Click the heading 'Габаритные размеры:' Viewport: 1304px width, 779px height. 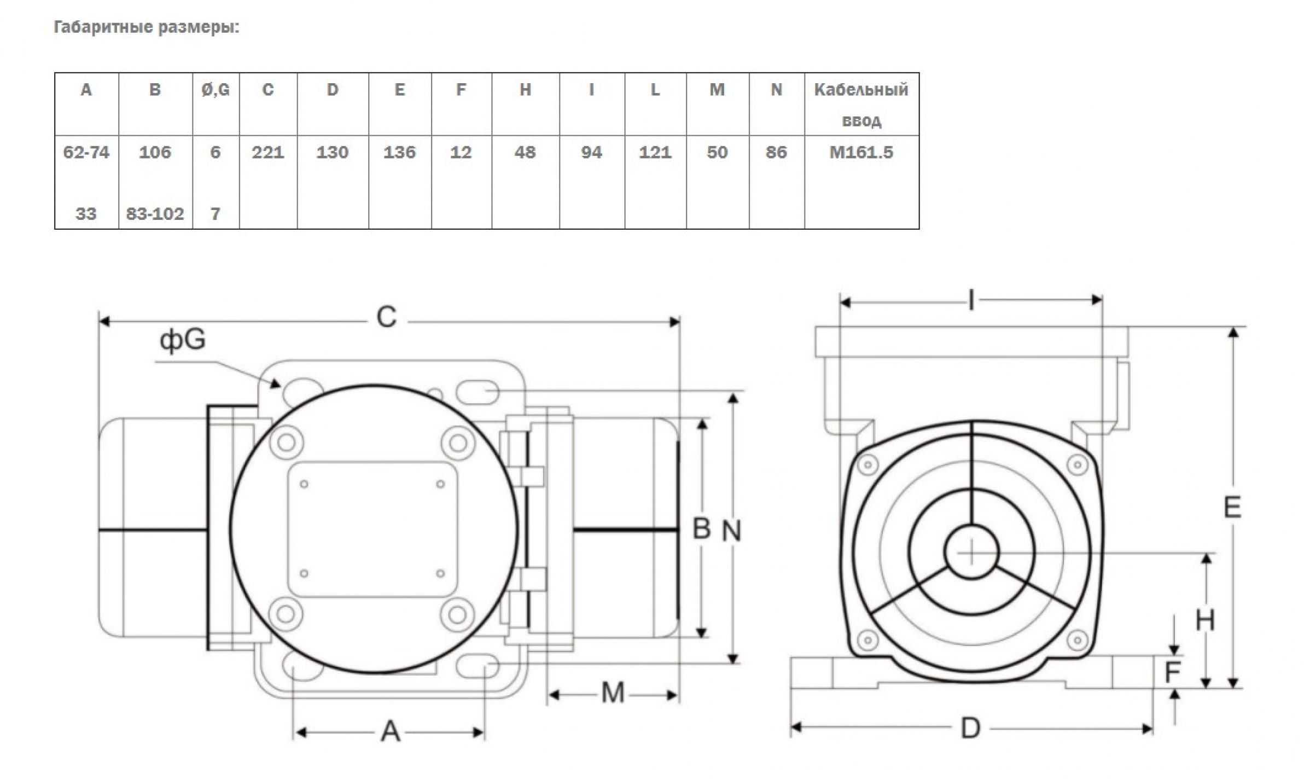coord(147,27)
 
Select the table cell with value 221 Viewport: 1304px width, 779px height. coord(268,152)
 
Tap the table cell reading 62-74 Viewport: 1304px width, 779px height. coord(86,152)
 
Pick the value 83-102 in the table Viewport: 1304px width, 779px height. coord(155,213)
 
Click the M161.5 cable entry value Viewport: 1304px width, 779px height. coord(861,152)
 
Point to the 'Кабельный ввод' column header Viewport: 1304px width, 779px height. coord(861,104)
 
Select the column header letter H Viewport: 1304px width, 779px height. coord(525,90)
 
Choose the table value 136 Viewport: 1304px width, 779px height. coord(399,152)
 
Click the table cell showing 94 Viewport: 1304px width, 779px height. coord(592,152)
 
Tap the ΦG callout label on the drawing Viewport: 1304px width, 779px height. coord(183,340)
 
